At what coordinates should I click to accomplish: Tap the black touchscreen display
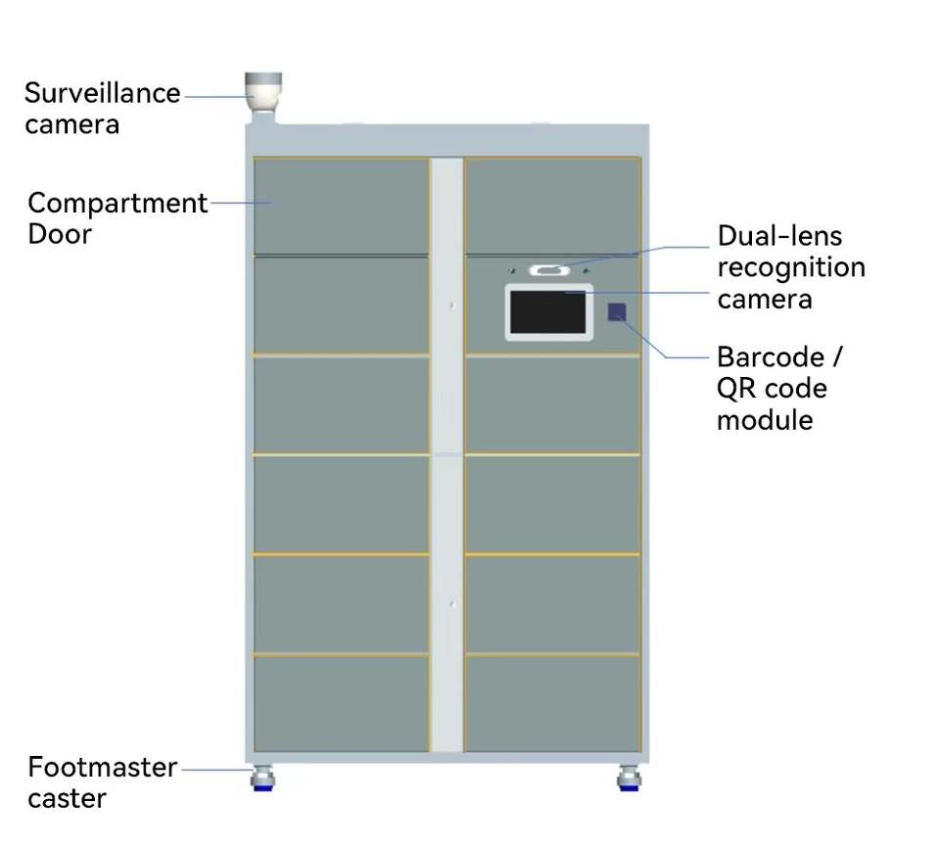tap(548, 312)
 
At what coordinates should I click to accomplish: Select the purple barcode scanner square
tap(617, 311)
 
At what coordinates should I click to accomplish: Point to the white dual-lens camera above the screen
tap(549, 270)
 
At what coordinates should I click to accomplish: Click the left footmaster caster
tap(262, 778)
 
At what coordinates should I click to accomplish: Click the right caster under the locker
tap(629, 778)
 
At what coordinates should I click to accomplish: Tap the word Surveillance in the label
tap(103, 93)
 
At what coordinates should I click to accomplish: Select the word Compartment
tap(117, 204)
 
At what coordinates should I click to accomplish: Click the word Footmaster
tap(103, 767)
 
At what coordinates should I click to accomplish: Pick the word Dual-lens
tap(779, 236)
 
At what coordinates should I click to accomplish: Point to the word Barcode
tap(771, 357)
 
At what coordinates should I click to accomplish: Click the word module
tap(765, 420)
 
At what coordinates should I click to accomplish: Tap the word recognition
tap(791, 268)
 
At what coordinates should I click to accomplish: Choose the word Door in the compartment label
tap(60, 234)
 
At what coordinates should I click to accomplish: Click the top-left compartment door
tap(341, 207)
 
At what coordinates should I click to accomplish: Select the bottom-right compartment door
tap(552, 703)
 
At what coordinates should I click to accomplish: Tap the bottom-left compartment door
tap(341, 703)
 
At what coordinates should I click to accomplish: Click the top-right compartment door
tap(552, 207)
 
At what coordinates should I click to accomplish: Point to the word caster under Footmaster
tap(67, 799)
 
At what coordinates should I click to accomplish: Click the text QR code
tap(772, 389)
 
